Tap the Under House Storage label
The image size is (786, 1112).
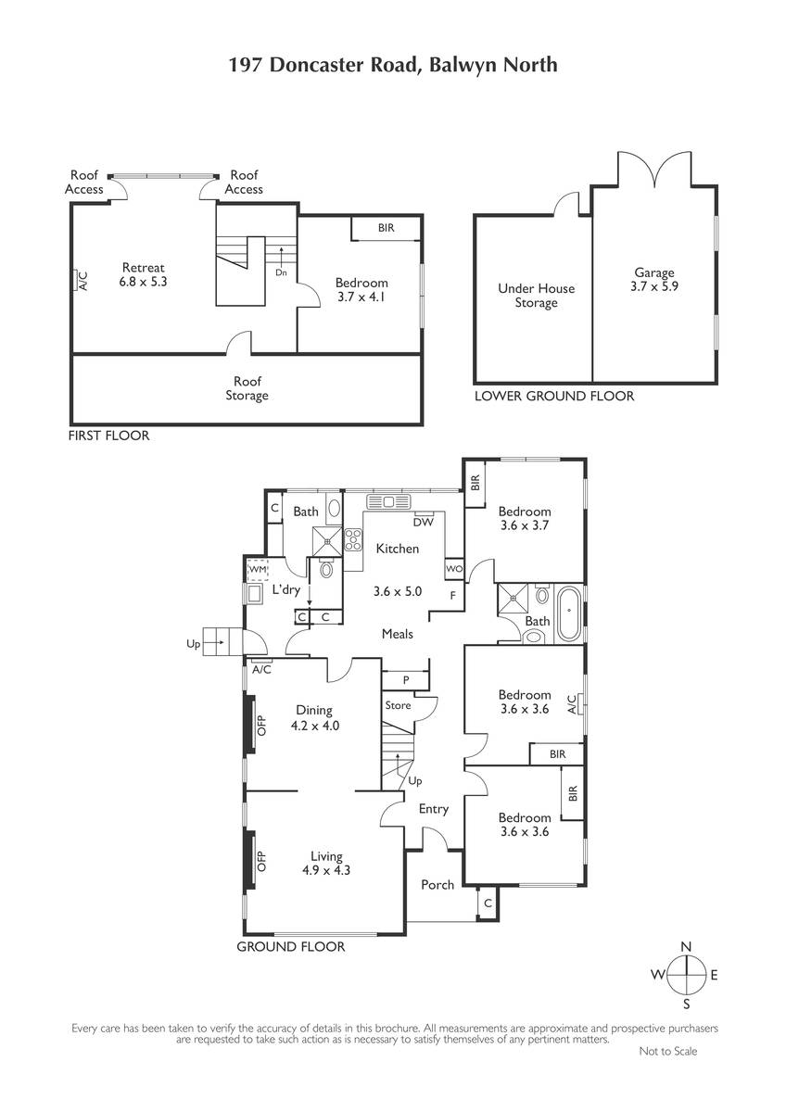point(537,296)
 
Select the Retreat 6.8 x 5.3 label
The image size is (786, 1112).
point(143,274)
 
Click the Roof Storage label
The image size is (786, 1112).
point(247,388)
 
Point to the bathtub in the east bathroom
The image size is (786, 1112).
point(569,614)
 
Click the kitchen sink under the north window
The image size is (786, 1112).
point(388,502)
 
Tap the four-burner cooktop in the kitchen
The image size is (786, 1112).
point(353,539)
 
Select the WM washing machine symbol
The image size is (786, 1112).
point(258,569)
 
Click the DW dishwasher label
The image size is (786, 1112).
point(423,522)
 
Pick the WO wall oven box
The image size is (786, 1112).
point(454,569)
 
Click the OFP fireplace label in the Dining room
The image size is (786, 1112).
point(261,726)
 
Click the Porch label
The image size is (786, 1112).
point(437,884)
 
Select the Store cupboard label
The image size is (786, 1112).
point(398,705)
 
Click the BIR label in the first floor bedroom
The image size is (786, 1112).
point(386,228)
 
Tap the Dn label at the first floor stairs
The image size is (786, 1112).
point(281,272)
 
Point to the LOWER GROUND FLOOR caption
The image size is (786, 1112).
point(554,397)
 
